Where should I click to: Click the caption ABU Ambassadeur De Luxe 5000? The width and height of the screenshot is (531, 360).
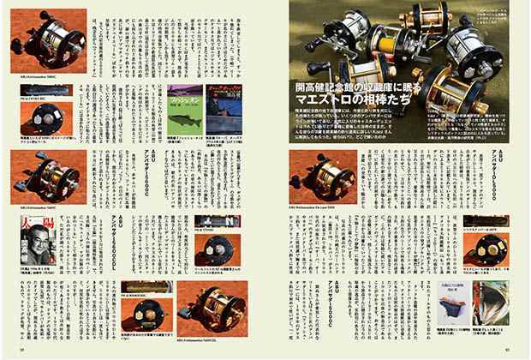[318, 207]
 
